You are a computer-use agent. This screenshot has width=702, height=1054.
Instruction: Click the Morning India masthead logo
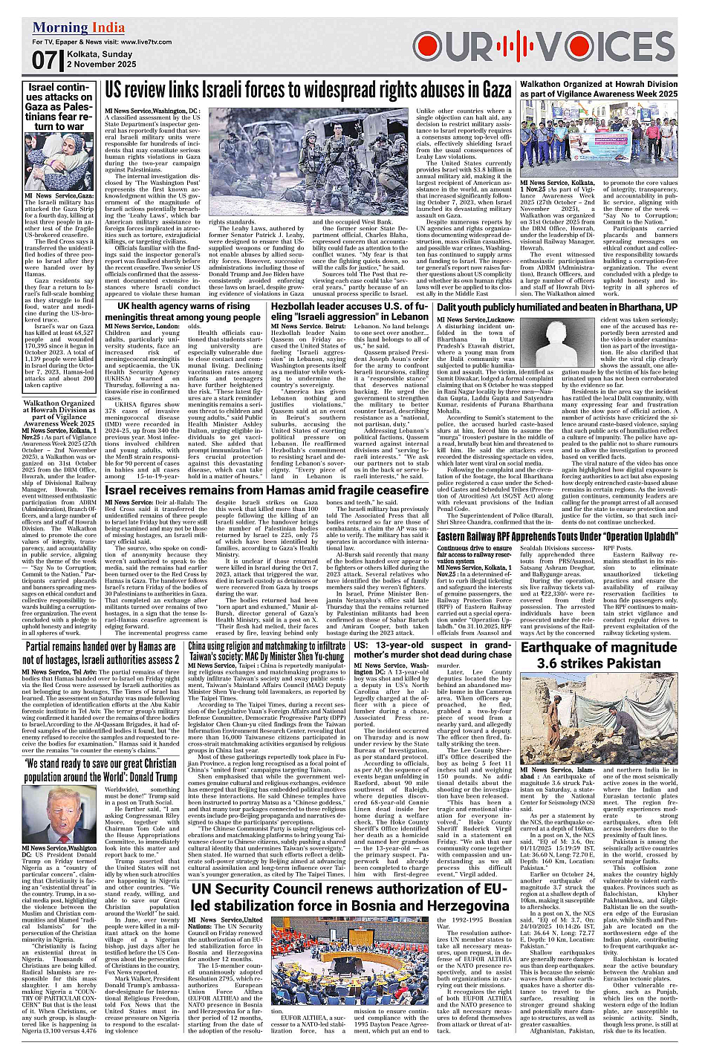click(x=79, y=28)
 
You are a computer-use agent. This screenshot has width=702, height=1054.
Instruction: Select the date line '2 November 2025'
click(x=101, y=65)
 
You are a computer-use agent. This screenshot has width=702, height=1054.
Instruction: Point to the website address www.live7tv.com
click(x=160, y=42)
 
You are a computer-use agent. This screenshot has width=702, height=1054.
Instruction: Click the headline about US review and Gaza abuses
click(x=308, y=91)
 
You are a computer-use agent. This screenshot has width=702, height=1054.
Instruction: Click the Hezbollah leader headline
click(x=349, y=311)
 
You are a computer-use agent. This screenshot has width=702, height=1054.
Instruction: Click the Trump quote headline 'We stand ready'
click(x=101, y=770)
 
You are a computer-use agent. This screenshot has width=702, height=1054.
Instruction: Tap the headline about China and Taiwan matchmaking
click(x=267, y=651)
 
